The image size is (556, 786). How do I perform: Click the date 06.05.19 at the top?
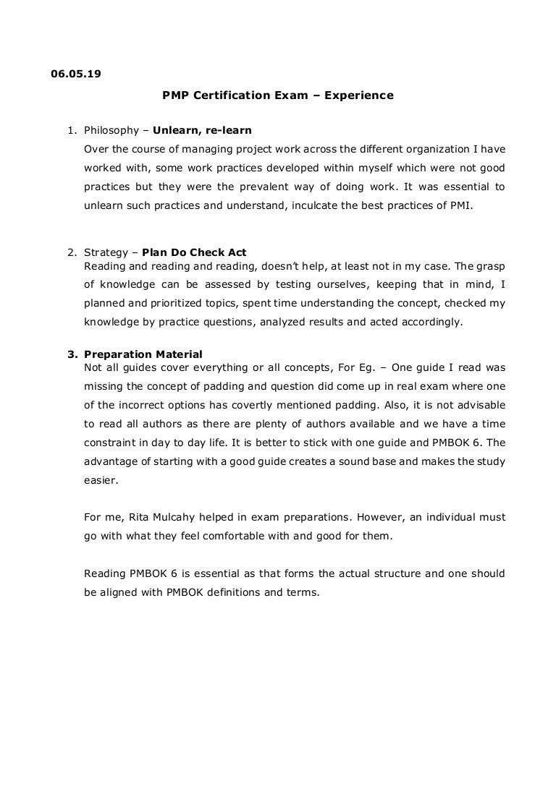pos(76,73)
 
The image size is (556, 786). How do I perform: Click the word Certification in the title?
pos(228,95)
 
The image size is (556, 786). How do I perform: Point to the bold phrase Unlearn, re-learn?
pos(202,131)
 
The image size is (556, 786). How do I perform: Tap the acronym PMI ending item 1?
pos(461,205)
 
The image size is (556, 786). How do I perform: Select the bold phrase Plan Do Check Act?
pos(194,252)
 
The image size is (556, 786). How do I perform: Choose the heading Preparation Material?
pos(143,354)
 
